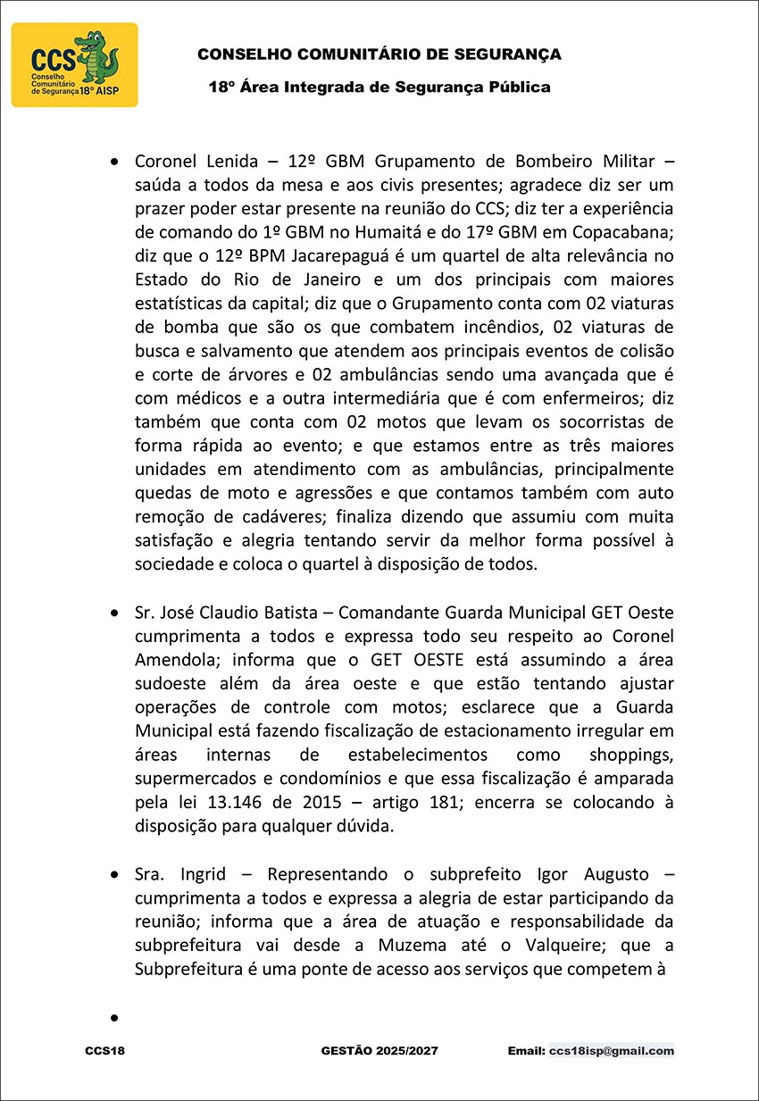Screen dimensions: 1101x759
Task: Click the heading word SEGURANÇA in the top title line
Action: [512, 54]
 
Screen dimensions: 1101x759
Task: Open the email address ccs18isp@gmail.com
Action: [612, 1051]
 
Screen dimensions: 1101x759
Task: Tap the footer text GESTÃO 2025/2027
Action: [379, 1051]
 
